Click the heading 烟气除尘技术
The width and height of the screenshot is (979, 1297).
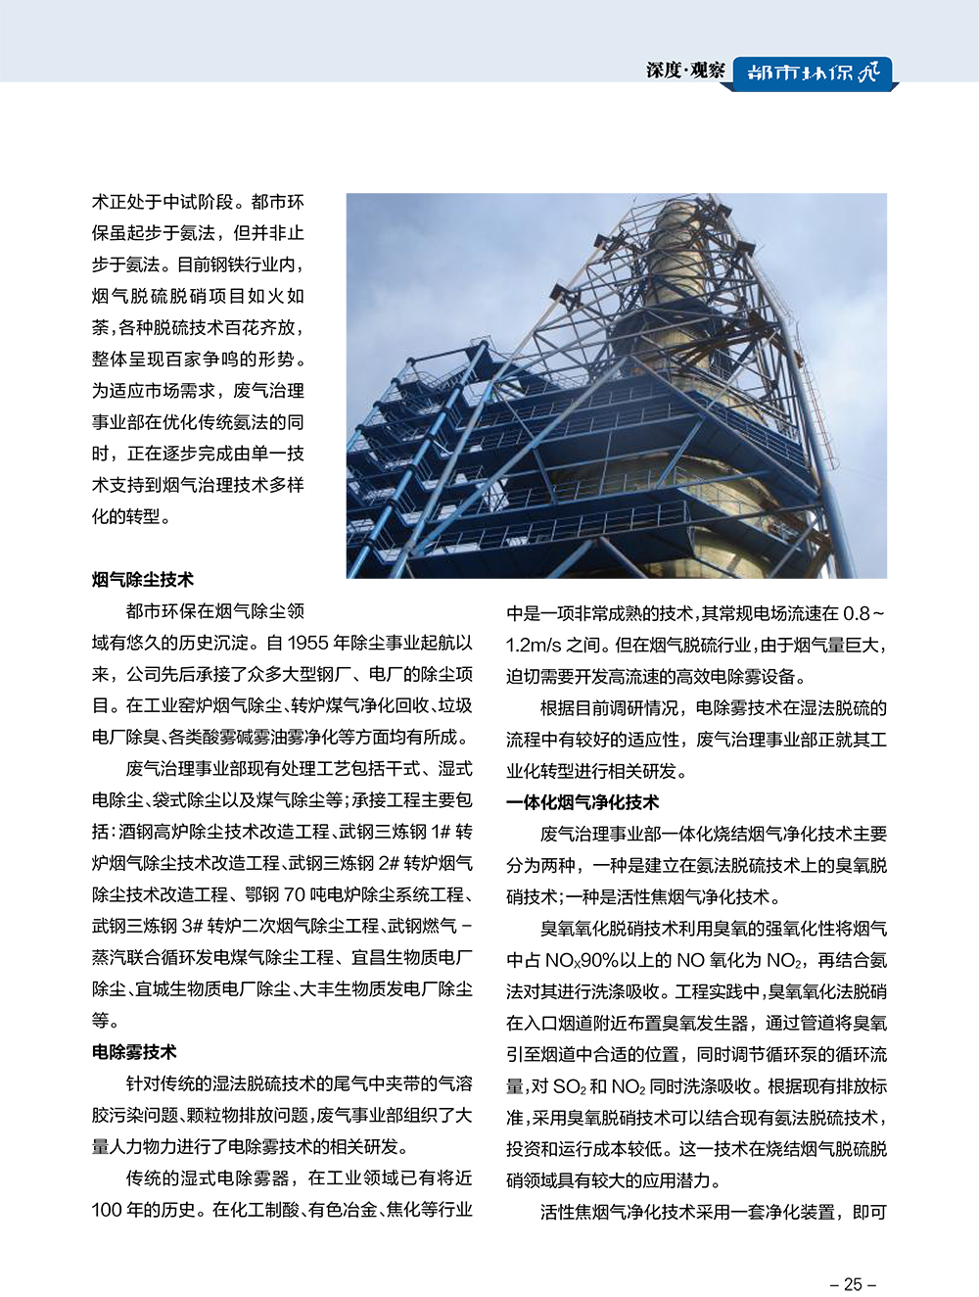pyautogui.click(x=143, y=580)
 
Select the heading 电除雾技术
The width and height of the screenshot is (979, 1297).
pyautogui.click(x=134, y=1052)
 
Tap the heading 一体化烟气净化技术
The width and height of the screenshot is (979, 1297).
pyautogui.click(x=583, y=802)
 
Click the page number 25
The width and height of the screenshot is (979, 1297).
pyautogui.click(x=853, y=1284)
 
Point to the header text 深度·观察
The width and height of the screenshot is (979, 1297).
pyautogui.click(x=685, y=71)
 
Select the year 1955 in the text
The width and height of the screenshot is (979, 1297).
pyautogui.click(x=308, y=644)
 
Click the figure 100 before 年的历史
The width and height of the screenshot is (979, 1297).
pyautogui.click(x=108, y=1210)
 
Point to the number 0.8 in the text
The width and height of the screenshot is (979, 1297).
pyautogui.click(x=857, y=613)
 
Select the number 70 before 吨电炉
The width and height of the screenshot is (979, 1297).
pyautogui.click(x=295, y=894)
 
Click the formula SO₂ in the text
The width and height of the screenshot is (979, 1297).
pyautogui.click(x=569, y=1086)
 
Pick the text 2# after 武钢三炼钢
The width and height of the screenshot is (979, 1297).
pyautogui.click(x=389, y=863)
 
